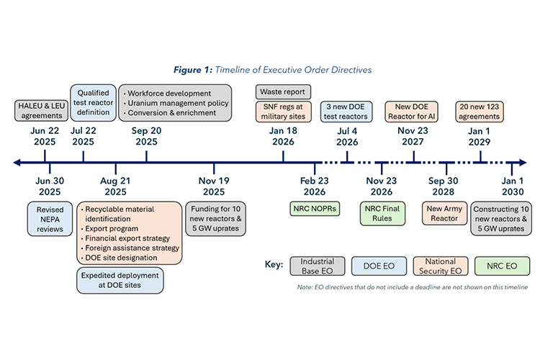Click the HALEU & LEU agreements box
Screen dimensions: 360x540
pos(40,111)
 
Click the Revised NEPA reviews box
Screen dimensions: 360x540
pos(50,219)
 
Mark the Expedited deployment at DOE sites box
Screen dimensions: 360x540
pos(120,280)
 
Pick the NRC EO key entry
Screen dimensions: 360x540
pos(502,266)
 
